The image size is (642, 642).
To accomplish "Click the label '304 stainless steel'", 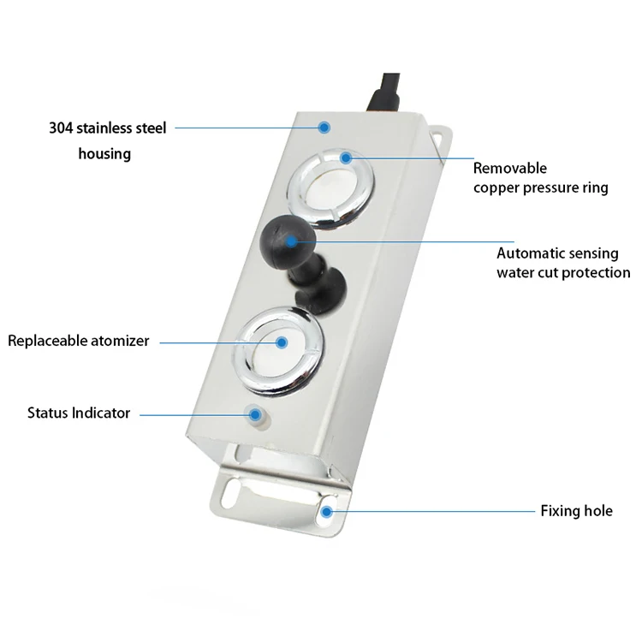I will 107,128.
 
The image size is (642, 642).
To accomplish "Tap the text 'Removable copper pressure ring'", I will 540,178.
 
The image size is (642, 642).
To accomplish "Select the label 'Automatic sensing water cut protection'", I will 563,263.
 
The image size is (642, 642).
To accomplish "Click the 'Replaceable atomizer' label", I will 79,341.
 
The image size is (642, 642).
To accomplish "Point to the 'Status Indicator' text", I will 79,413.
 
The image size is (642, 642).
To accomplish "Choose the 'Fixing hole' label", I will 576,511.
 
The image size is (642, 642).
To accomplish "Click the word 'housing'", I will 104,154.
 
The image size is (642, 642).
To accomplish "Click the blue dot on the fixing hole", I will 327,511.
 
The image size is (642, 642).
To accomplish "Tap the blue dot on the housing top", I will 324,128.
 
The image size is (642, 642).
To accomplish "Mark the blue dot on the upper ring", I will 346,158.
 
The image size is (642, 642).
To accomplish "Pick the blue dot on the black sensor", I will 296,242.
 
